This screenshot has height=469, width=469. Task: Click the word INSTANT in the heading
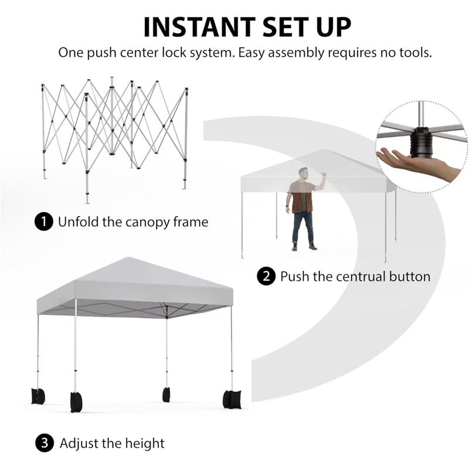pos(199,27)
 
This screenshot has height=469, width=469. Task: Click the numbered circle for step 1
pos(43,222)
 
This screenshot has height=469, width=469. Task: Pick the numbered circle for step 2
pos(266,276)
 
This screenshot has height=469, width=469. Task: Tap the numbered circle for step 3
pos(45,443)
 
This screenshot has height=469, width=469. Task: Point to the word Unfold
pos(78,222)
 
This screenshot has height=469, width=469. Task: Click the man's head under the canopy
pos(303,173)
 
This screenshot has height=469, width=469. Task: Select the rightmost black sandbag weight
pos(232,399)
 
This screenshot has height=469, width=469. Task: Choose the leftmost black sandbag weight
pos(38,396)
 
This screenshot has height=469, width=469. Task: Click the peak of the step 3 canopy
pos(128,257)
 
